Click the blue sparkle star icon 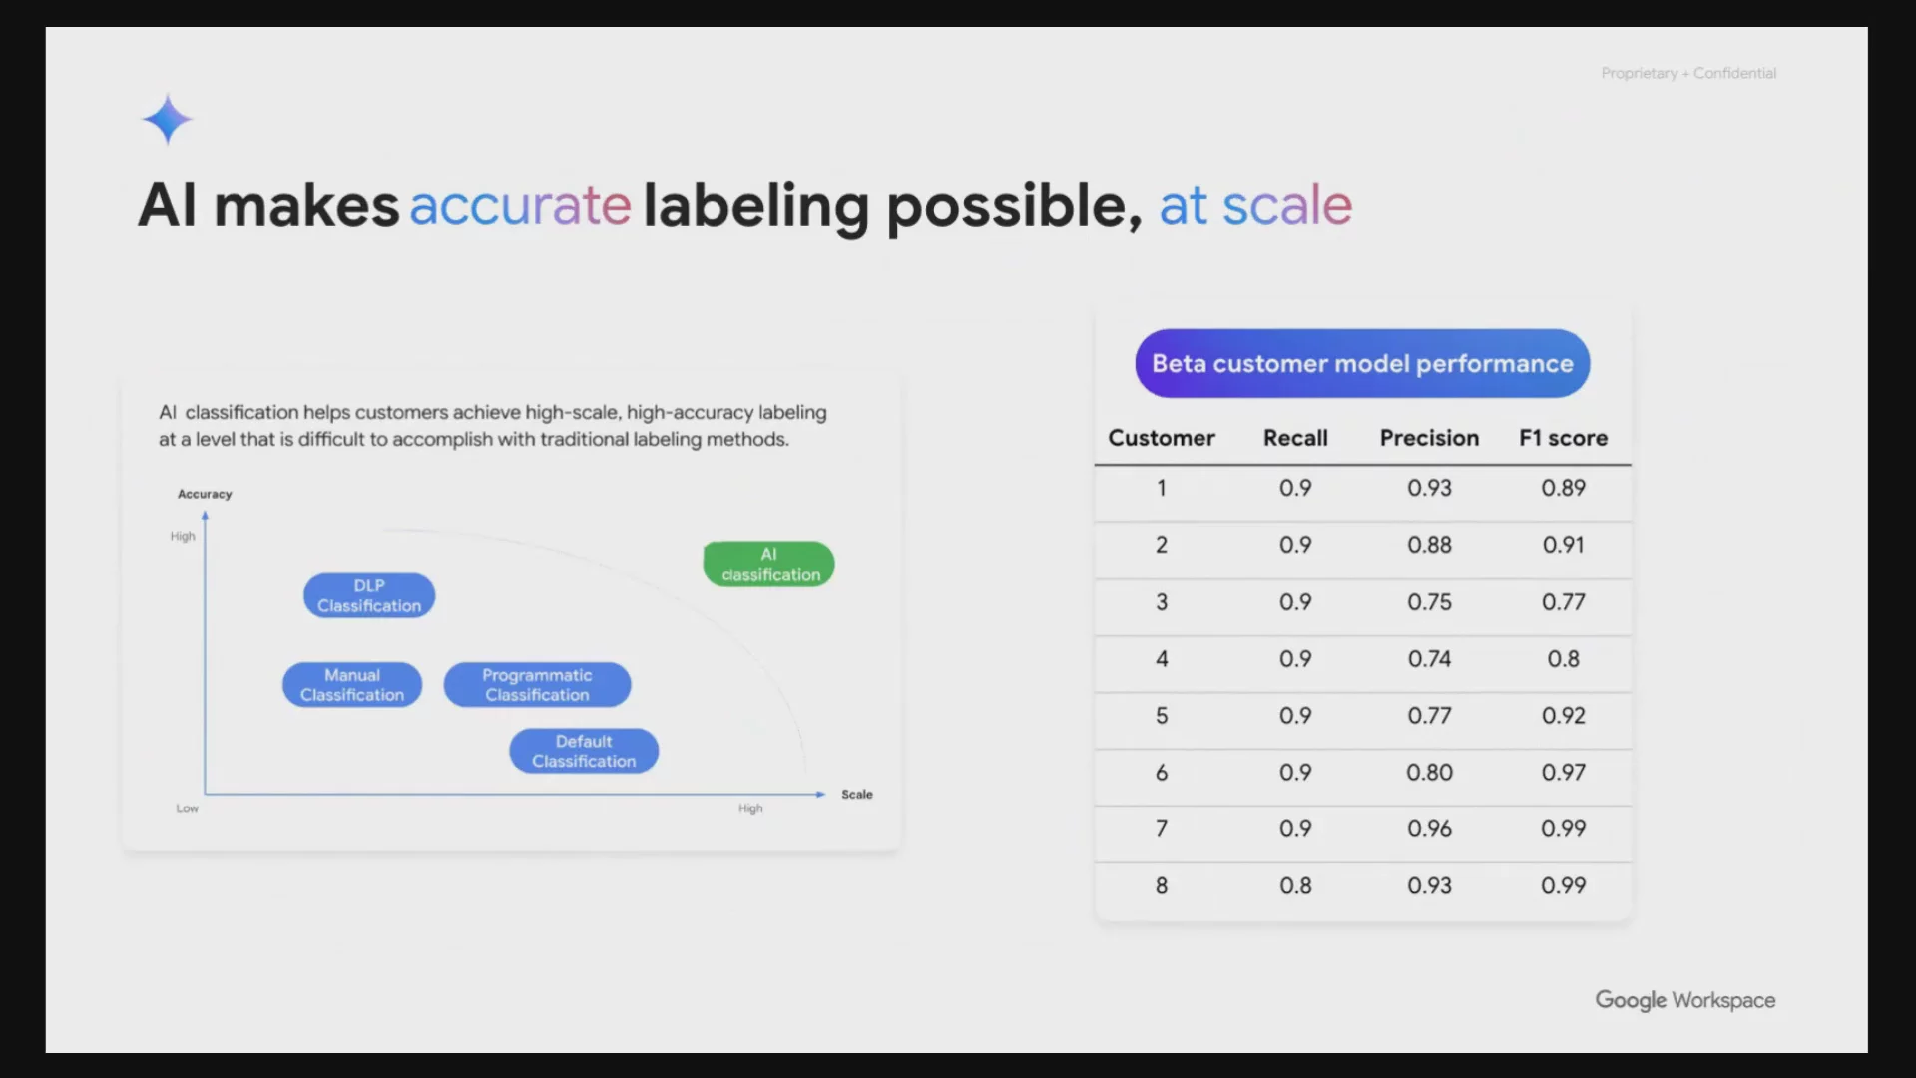tap(167, 120)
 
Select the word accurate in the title tap(520, 205)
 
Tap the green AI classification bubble tap(769, 564)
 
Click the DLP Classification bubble tap(369, 595)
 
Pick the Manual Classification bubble tap(352, 685)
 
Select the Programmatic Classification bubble tap(537, 685)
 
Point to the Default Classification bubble tap(584, 751)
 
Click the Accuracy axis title tap(205, 494)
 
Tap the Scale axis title tap(857, 795)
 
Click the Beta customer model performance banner tap(1362, 363)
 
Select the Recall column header tap(1295, 438)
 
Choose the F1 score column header tap(1564, 438)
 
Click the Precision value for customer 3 tap(1429, 602)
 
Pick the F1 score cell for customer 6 tap(1563, 773)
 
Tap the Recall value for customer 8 tap(1295, 886)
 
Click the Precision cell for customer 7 tap(1429, 829)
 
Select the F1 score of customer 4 tap(1563, 659)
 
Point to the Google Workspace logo tap(1685, 1000)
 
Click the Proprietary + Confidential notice tap(1688, 73)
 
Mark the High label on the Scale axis tap(750, 808)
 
